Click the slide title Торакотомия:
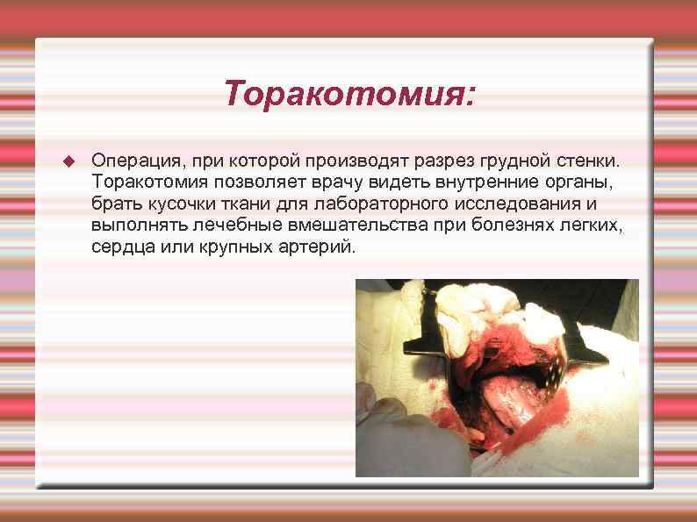(x=349, y=93)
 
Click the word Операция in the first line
(x=128, y=162)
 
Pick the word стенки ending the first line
(x=579, y=162)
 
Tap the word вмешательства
(x=351, y=225)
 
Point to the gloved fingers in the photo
(x=395, y=430)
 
